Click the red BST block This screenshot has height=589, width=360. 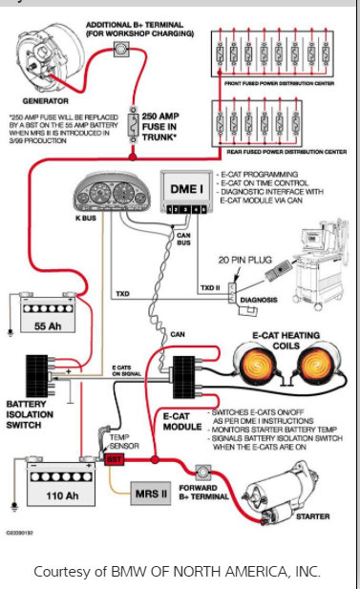coord(115,459)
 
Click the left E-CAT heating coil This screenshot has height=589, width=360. coord(260,366)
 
